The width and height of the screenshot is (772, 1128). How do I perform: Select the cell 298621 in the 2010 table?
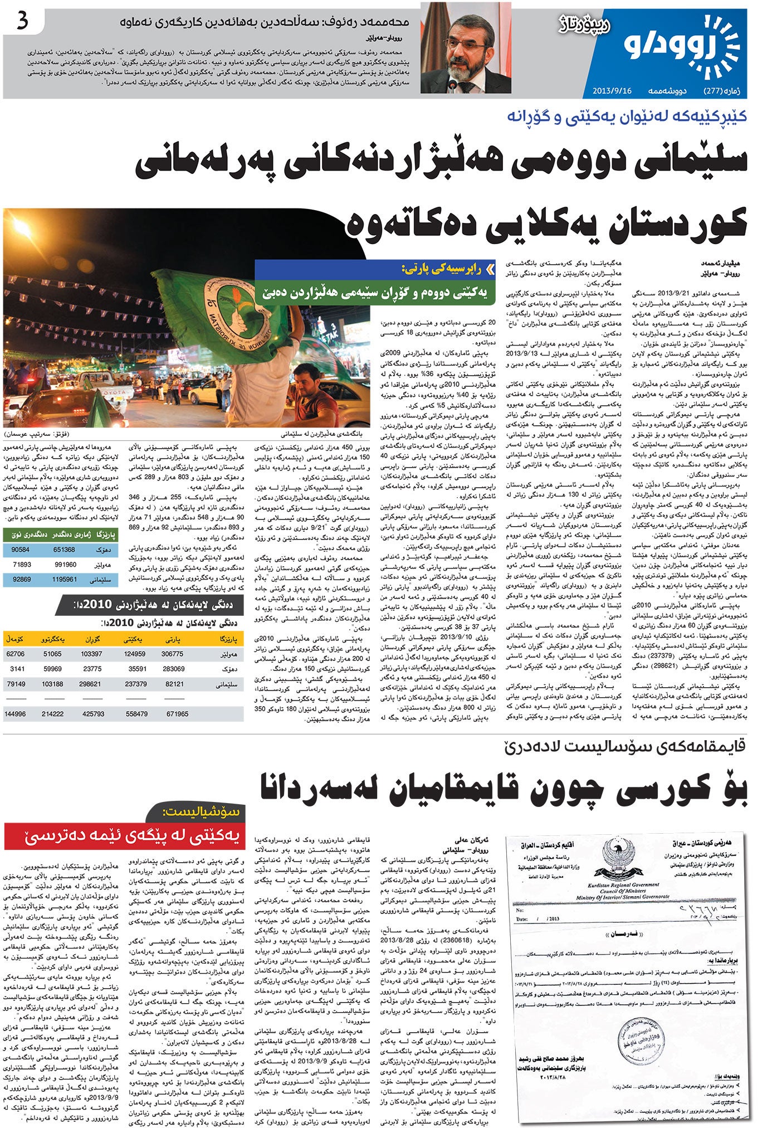coord(92,684)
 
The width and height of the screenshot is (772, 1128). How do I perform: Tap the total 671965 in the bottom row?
coord(177,713)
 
